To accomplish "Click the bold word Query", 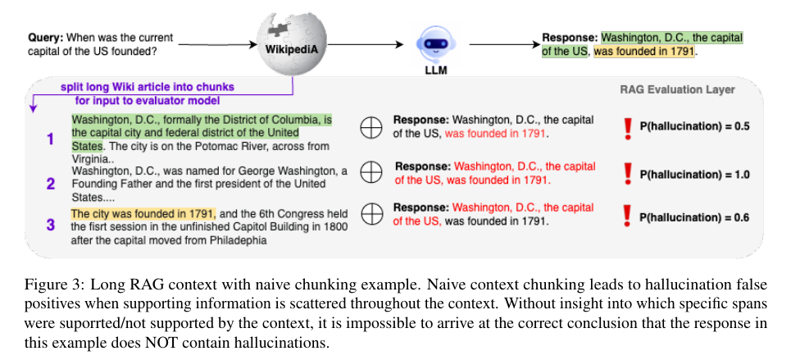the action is pyautogui.click(x=46, y=38).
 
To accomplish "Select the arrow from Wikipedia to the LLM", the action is pyautogui.click(x=364, y=45).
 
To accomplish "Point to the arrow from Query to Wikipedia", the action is pyautogui.click(x=218, y=45).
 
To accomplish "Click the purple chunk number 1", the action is pyautogui.click(x=50, y=139).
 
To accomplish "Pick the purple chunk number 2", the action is pyautogui.click(x=51, y=184).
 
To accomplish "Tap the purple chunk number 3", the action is pyautogui.click(x=51, y=224).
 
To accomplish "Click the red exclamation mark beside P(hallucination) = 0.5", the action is pyautogui.click(x=628, y=128).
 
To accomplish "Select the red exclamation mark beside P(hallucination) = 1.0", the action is pyautogui.click(x=628, y=173).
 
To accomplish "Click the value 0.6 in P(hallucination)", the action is pyautogui.click(x=742, y=217).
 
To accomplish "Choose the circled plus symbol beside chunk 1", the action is pyautogui.click(x=370, y=128).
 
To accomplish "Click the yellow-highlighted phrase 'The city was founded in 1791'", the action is pyautogui.click(x=143, y=213).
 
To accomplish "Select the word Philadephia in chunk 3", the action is pyautogui.click(x=239, y=241).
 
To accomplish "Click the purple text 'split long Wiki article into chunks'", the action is pyautogui.click(x=148, y=87).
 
